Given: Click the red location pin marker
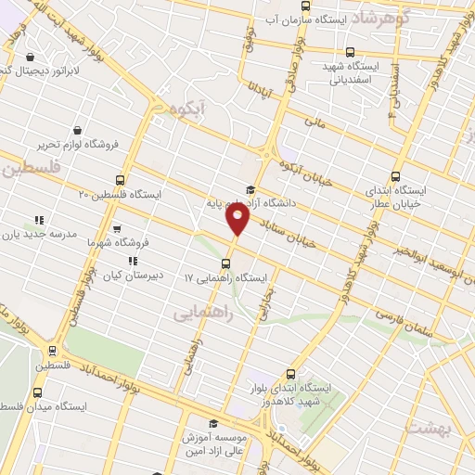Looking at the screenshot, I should [x=238, y=219].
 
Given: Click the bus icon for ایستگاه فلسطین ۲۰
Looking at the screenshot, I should [x=119, y=180].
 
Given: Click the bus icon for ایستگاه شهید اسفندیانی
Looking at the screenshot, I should [x=349, y=52].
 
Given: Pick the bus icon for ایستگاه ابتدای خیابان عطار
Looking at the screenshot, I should [x=395, y=176].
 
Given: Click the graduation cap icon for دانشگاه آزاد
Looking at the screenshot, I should [x=249, y=189].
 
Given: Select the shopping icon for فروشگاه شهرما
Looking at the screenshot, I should [x=116, y=227].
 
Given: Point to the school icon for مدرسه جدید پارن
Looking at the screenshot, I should [x=39, y=220].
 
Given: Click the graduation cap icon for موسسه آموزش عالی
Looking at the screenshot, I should [x=212, y=423].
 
